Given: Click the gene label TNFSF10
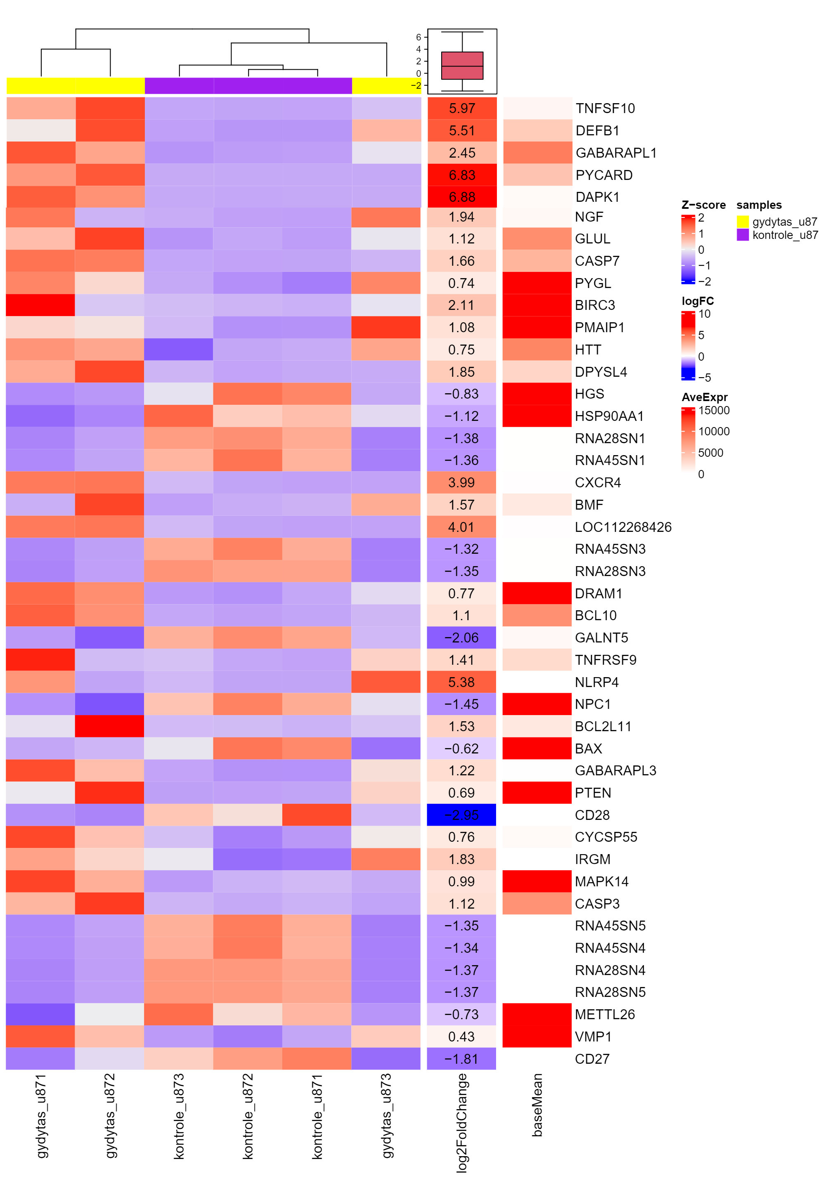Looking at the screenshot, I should pyautogui.click(x=605, y=108).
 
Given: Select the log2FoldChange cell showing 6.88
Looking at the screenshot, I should pyautogui.click(x=462, y=197).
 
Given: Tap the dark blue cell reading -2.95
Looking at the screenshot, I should pyautogui.click(x=462, y=815).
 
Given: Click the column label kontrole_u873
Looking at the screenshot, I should pyautogui.click(x=179, y=1115).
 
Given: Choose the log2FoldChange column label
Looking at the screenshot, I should pyautogui.click(x=462, y=1123).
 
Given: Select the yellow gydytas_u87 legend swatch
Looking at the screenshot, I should pyautogui.click(x=742, y=222).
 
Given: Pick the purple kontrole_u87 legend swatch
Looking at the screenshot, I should pyautogui.click(x=742, y=235).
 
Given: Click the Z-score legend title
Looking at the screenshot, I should pyautogui.click(x=703, y=205).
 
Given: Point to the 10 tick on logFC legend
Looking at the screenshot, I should pyautogui.click(x=704, y=314).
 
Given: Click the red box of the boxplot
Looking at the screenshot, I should pyautogui.click(x=462, y=66).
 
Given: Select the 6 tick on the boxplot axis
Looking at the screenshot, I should pyautogui.click(x=418, y=37).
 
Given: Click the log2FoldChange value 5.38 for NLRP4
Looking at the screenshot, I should pyautogui.click(x=462, y=682).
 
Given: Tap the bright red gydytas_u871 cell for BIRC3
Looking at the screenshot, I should pyautogui.click(x=40, y=305).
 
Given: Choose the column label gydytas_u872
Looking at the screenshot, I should pyautogui.click(x=110, y=1115).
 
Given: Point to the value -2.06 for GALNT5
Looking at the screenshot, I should pyautogui.click(x=462, y=638).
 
